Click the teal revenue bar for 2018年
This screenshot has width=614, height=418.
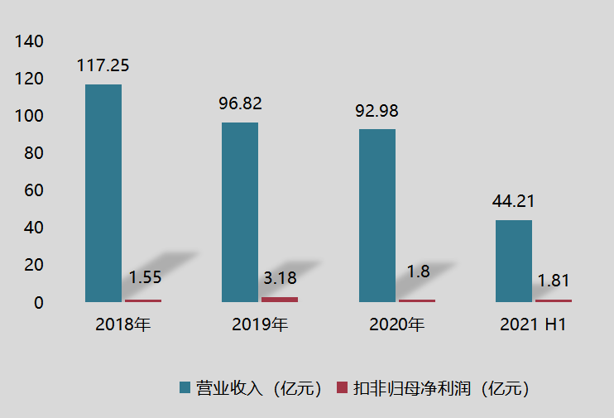[x=103, y=194]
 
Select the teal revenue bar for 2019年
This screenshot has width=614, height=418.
[x=240, y=213]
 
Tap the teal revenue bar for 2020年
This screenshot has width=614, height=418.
[x=377, y=216]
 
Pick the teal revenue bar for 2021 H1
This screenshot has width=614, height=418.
[x=513, y=261]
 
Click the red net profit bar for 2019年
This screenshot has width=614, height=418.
[x=280, y=299]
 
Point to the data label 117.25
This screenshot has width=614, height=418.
[x=103, y=65]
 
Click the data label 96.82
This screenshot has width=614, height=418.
[x=240, y=103]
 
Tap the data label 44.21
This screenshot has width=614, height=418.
[x=513, y=201]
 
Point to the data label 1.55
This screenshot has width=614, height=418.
[x=145, y=278]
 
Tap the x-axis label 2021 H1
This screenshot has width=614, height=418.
[x=533, y=324]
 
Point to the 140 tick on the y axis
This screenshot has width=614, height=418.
[x=29, y=41]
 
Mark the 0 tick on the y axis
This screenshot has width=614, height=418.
[x=37, y=303]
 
